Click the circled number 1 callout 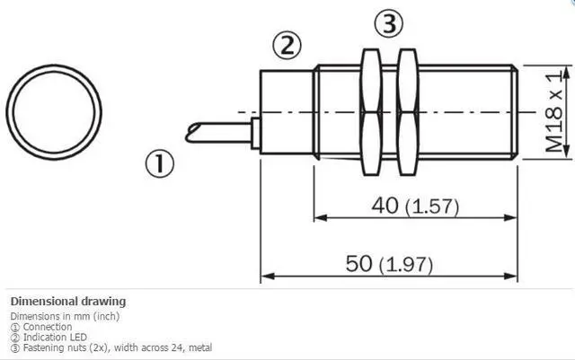pos(160,163)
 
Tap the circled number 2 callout pos(287,45)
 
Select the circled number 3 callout pos(389,23)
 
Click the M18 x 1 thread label pos(553,112)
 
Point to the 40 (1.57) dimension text pos(415,206)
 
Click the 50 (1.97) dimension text pos(389,264)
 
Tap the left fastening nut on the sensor pos(371,112)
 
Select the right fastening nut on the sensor pos(407,112)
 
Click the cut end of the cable pos(193,133)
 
